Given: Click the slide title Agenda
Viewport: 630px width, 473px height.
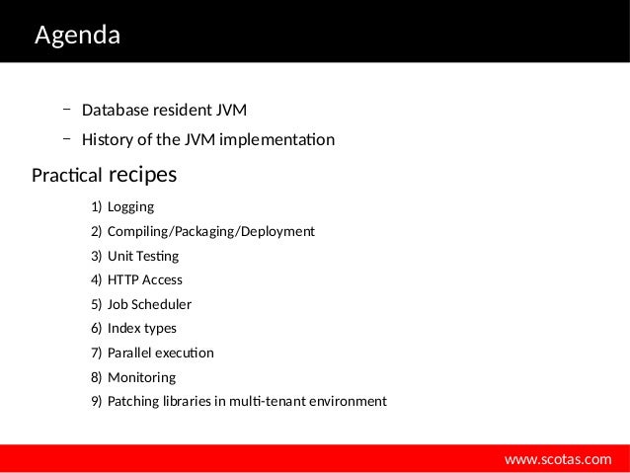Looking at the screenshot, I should coord(77,37).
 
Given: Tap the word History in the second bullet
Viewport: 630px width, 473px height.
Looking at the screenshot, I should coord(107,139).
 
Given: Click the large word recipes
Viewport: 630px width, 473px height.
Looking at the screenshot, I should coord(142,175).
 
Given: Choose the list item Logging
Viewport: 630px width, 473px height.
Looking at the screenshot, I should coord(130,207).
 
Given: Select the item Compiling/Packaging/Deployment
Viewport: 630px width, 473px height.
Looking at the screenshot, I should coord(210,231).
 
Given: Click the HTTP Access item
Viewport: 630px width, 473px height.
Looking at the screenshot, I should coord(144,279).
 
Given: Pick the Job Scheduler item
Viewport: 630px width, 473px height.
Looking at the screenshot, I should coord(149,304).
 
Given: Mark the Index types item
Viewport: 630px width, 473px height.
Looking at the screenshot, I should coord(141,328).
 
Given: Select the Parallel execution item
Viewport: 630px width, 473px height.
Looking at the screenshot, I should coord(160,353).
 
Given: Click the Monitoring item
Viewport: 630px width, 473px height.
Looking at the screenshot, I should coord(141,377).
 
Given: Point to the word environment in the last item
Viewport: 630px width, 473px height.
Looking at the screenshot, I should coord(349,402).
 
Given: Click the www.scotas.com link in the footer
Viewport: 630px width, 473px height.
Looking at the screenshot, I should coord(558,459).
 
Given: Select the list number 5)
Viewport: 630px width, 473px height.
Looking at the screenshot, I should coord(96,304).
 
